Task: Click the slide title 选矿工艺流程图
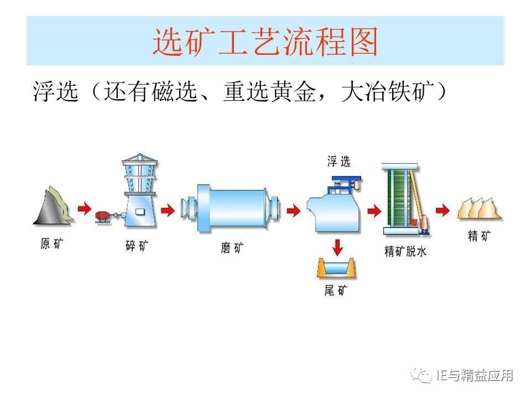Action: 265,42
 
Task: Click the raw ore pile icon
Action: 53,206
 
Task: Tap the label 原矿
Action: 53,244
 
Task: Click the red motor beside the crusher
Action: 103,216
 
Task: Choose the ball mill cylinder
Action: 232,209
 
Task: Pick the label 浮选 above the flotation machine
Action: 339,162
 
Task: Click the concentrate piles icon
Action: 479,208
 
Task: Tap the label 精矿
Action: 479,236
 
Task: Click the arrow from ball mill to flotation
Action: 293,209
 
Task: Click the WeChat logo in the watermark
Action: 424,376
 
